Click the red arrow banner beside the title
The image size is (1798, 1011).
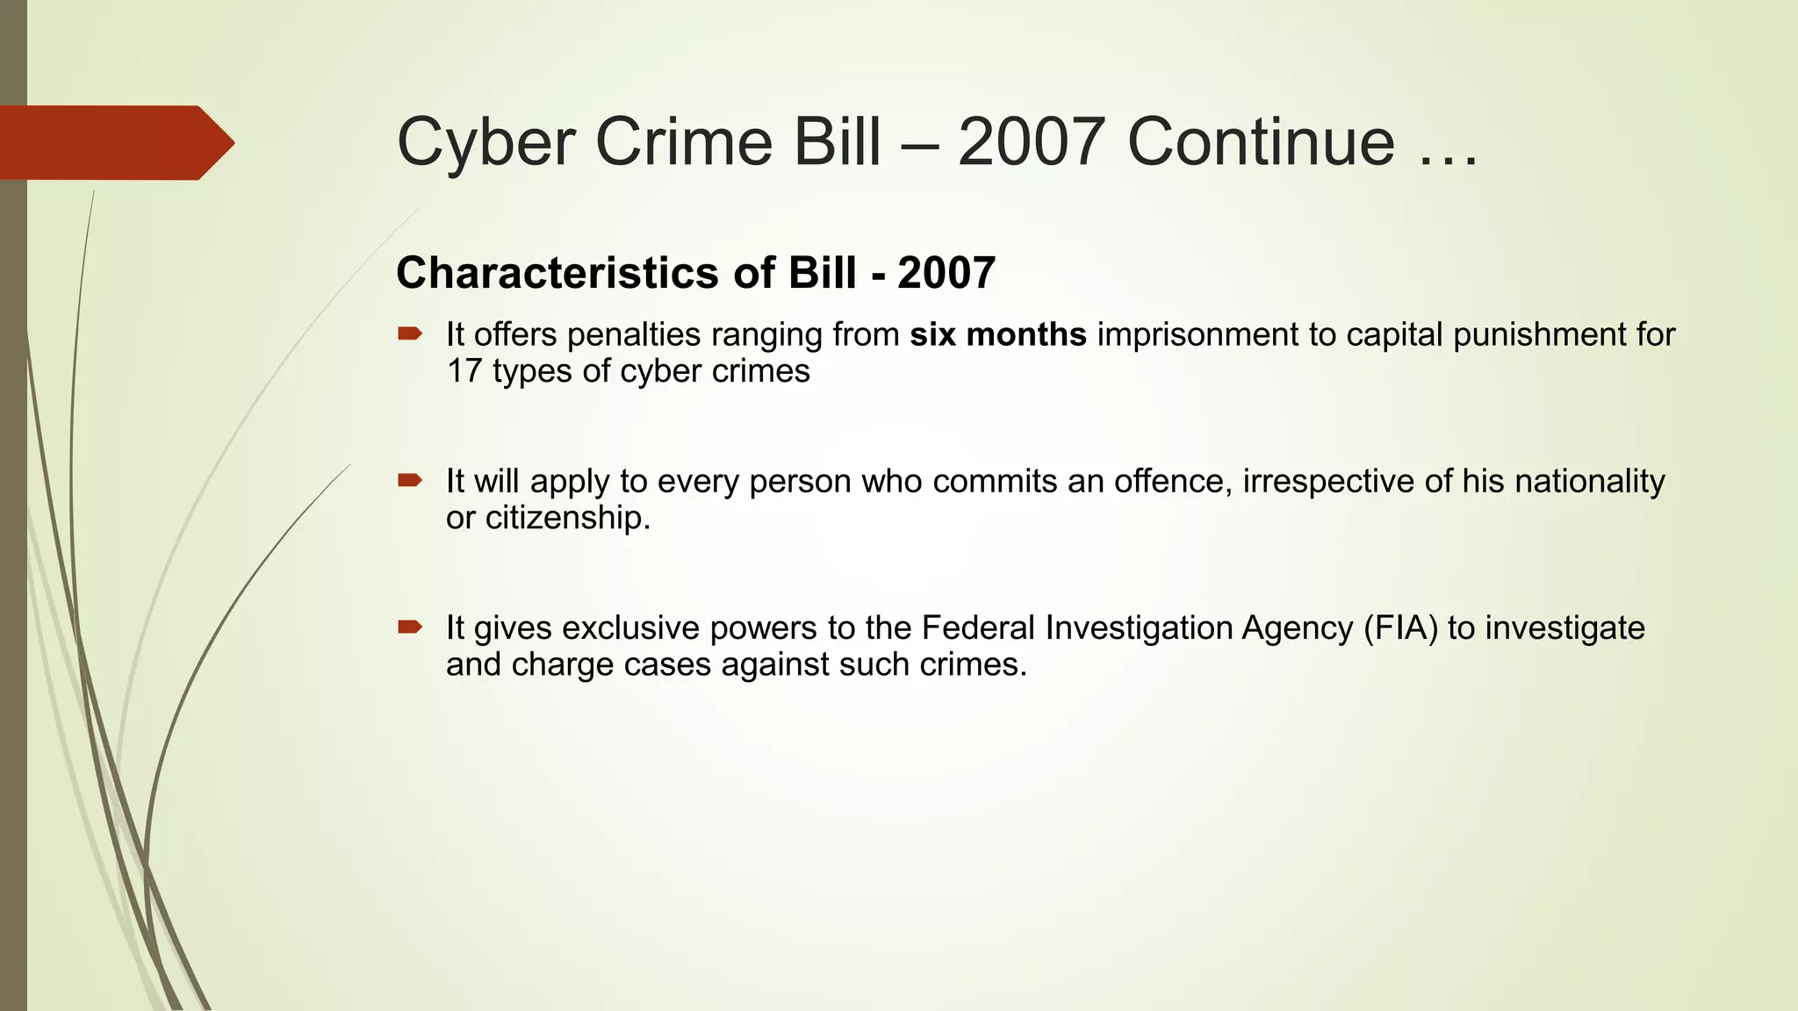tap(114, 143)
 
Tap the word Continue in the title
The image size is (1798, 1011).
tap(1261, 142)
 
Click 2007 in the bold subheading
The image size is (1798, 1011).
tap(946, 273)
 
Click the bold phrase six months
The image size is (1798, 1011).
tap(998, 335)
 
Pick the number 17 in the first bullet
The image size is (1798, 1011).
tap(464, 371)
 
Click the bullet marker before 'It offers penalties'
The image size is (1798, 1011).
tap(410, 333)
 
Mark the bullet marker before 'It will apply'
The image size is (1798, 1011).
tap(410, 480)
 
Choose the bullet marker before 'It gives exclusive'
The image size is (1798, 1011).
tap(410, 627)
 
